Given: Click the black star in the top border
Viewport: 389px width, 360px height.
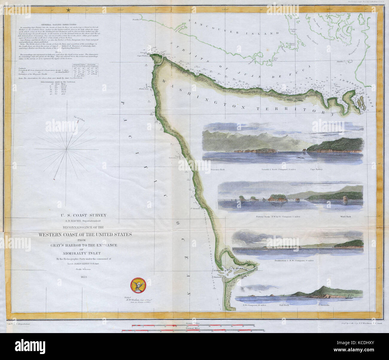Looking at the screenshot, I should (x=69, y=10).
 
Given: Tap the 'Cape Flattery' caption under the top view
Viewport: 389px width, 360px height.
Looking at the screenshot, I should (x=316, y=169).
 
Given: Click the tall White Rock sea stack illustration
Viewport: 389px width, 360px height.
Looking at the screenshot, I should (x=346, y=199).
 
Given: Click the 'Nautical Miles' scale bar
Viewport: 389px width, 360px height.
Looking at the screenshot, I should (x=193, y=331).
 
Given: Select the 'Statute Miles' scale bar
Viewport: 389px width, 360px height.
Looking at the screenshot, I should (x=193, y=324).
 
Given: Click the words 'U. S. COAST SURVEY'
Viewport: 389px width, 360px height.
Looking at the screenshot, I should (x=83, y=215).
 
